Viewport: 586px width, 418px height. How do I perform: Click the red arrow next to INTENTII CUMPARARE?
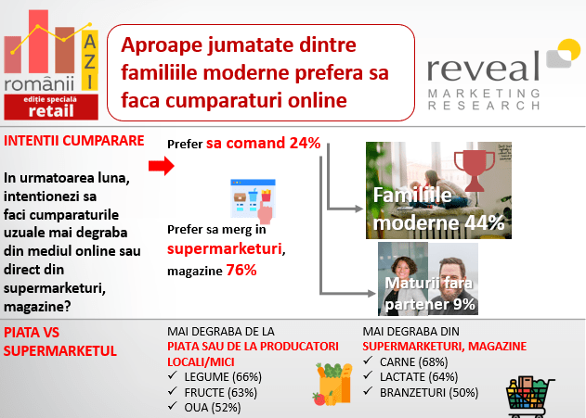(161, 166)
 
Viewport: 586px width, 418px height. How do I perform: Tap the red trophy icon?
(475, 171)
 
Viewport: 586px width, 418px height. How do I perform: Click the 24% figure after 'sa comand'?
(305, 143)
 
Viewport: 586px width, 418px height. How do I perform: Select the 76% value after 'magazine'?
(241, 270)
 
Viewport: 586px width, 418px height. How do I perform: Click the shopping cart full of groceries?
(529, 397)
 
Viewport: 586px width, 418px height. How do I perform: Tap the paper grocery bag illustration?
(333, 384)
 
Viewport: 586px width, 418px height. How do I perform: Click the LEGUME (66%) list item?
(223, 376)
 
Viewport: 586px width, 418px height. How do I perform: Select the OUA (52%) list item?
(213, 408)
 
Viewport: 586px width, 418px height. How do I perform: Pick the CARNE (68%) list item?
(413, 361)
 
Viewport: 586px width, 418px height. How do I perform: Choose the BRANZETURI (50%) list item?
(429, 393)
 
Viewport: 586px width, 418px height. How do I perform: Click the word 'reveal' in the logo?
(483, 67)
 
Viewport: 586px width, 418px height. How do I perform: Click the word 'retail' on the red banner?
(51, 110)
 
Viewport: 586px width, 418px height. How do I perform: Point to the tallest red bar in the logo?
(38, 42)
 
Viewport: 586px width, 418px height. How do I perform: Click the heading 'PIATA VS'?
(32, 332)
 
